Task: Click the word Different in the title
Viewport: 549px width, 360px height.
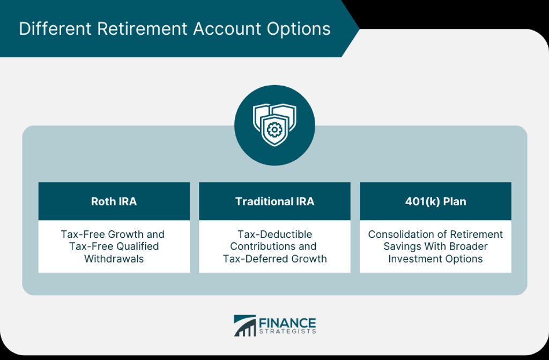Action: [x=55, y=28]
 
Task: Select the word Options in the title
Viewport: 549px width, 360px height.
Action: [x=298, y=29]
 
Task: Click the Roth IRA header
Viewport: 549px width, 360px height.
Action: [x=114, y=201]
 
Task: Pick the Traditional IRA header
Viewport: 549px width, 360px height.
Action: [x=274, y=201]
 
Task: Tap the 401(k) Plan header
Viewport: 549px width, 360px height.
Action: [x=435, y=201]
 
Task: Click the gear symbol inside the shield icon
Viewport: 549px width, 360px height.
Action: [x=274, y=130]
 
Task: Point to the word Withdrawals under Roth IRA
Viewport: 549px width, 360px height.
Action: [x=114, y=259]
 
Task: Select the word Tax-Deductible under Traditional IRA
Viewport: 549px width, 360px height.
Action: [x=275, y=234]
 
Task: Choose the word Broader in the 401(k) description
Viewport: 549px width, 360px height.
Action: [x=469, y=246]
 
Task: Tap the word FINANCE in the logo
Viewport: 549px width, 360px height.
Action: [x=287, y=322]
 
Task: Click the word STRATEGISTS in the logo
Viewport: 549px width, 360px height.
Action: [x=287, y=331]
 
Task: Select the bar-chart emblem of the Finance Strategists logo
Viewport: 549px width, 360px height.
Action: [x=244, y=325]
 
